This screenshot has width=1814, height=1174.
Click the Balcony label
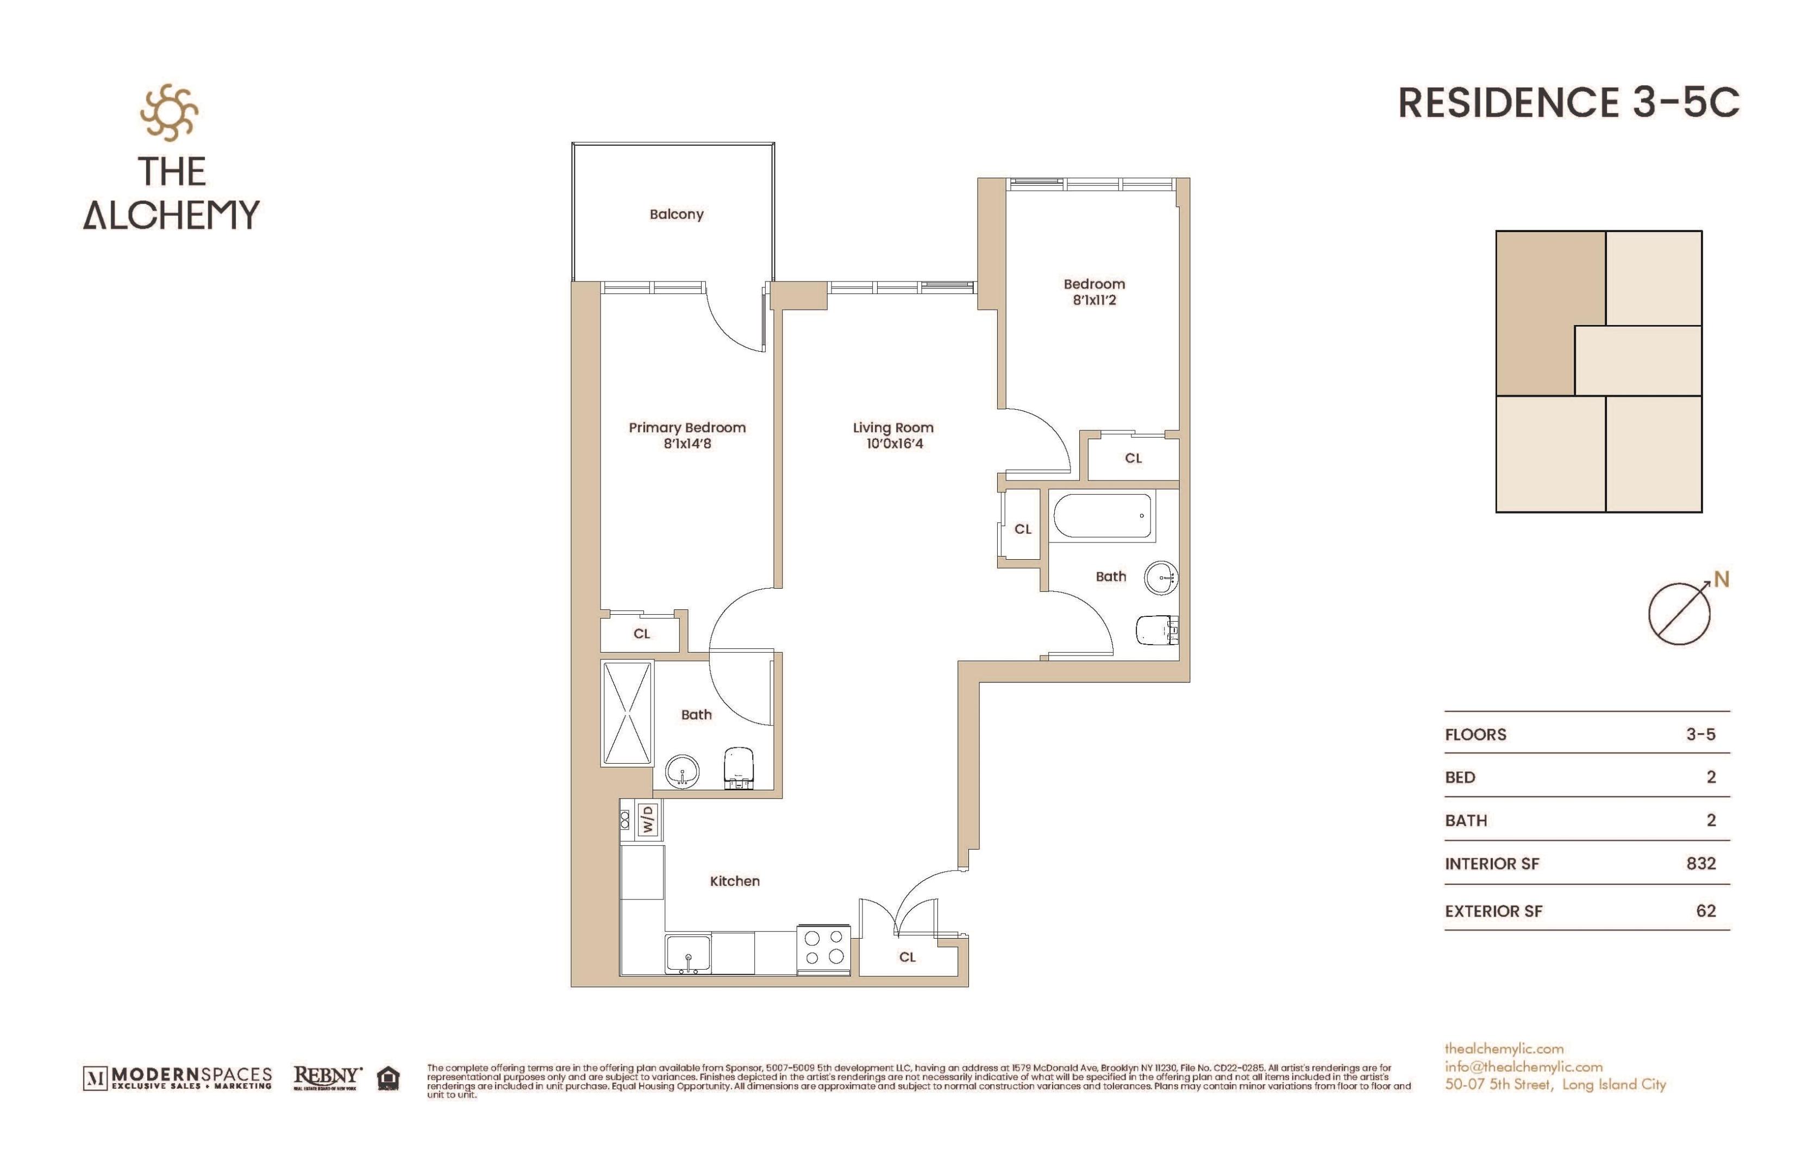(x=676, y=214)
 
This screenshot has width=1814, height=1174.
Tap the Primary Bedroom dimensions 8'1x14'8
(x=687, y=444)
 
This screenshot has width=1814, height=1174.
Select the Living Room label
(x=892, y=428)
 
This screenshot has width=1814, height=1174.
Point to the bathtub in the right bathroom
(x=1102, y=516)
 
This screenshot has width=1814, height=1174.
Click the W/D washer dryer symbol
(x=647, y=820)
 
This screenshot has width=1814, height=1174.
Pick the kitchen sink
(x=688, y=954)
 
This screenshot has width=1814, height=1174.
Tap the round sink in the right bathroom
(x=1161, y=577)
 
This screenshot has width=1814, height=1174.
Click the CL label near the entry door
(x=907, y=957)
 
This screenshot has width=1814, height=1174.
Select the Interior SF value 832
(x=1700, y=863)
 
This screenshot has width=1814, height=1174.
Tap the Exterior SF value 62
(x=1706, y=910)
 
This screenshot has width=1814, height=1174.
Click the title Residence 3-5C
(x=1568, y=103)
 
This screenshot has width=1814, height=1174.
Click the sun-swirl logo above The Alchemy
(x=169, y=113)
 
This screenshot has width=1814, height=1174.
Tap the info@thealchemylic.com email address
(x=1523, y=1066)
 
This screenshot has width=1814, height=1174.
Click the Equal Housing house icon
(x=389, y=1078)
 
